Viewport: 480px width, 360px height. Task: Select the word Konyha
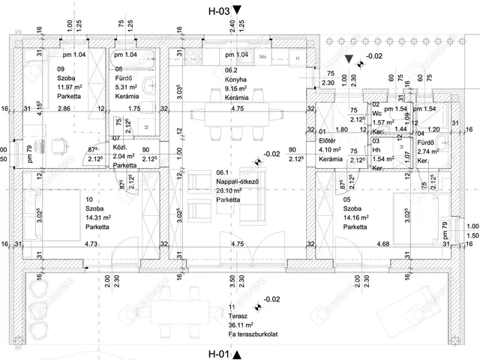[x=236, y=79]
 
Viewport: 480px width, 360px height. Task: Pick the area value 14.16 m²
[x=358, y=219]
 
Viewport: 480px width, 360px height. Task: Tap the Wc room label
[x=376, y=112]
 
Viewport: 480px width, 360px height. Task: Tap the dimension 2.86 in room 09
[x=64, y=109]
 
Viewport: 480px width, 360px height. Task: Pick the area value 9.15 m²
[x=238, y=88]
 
